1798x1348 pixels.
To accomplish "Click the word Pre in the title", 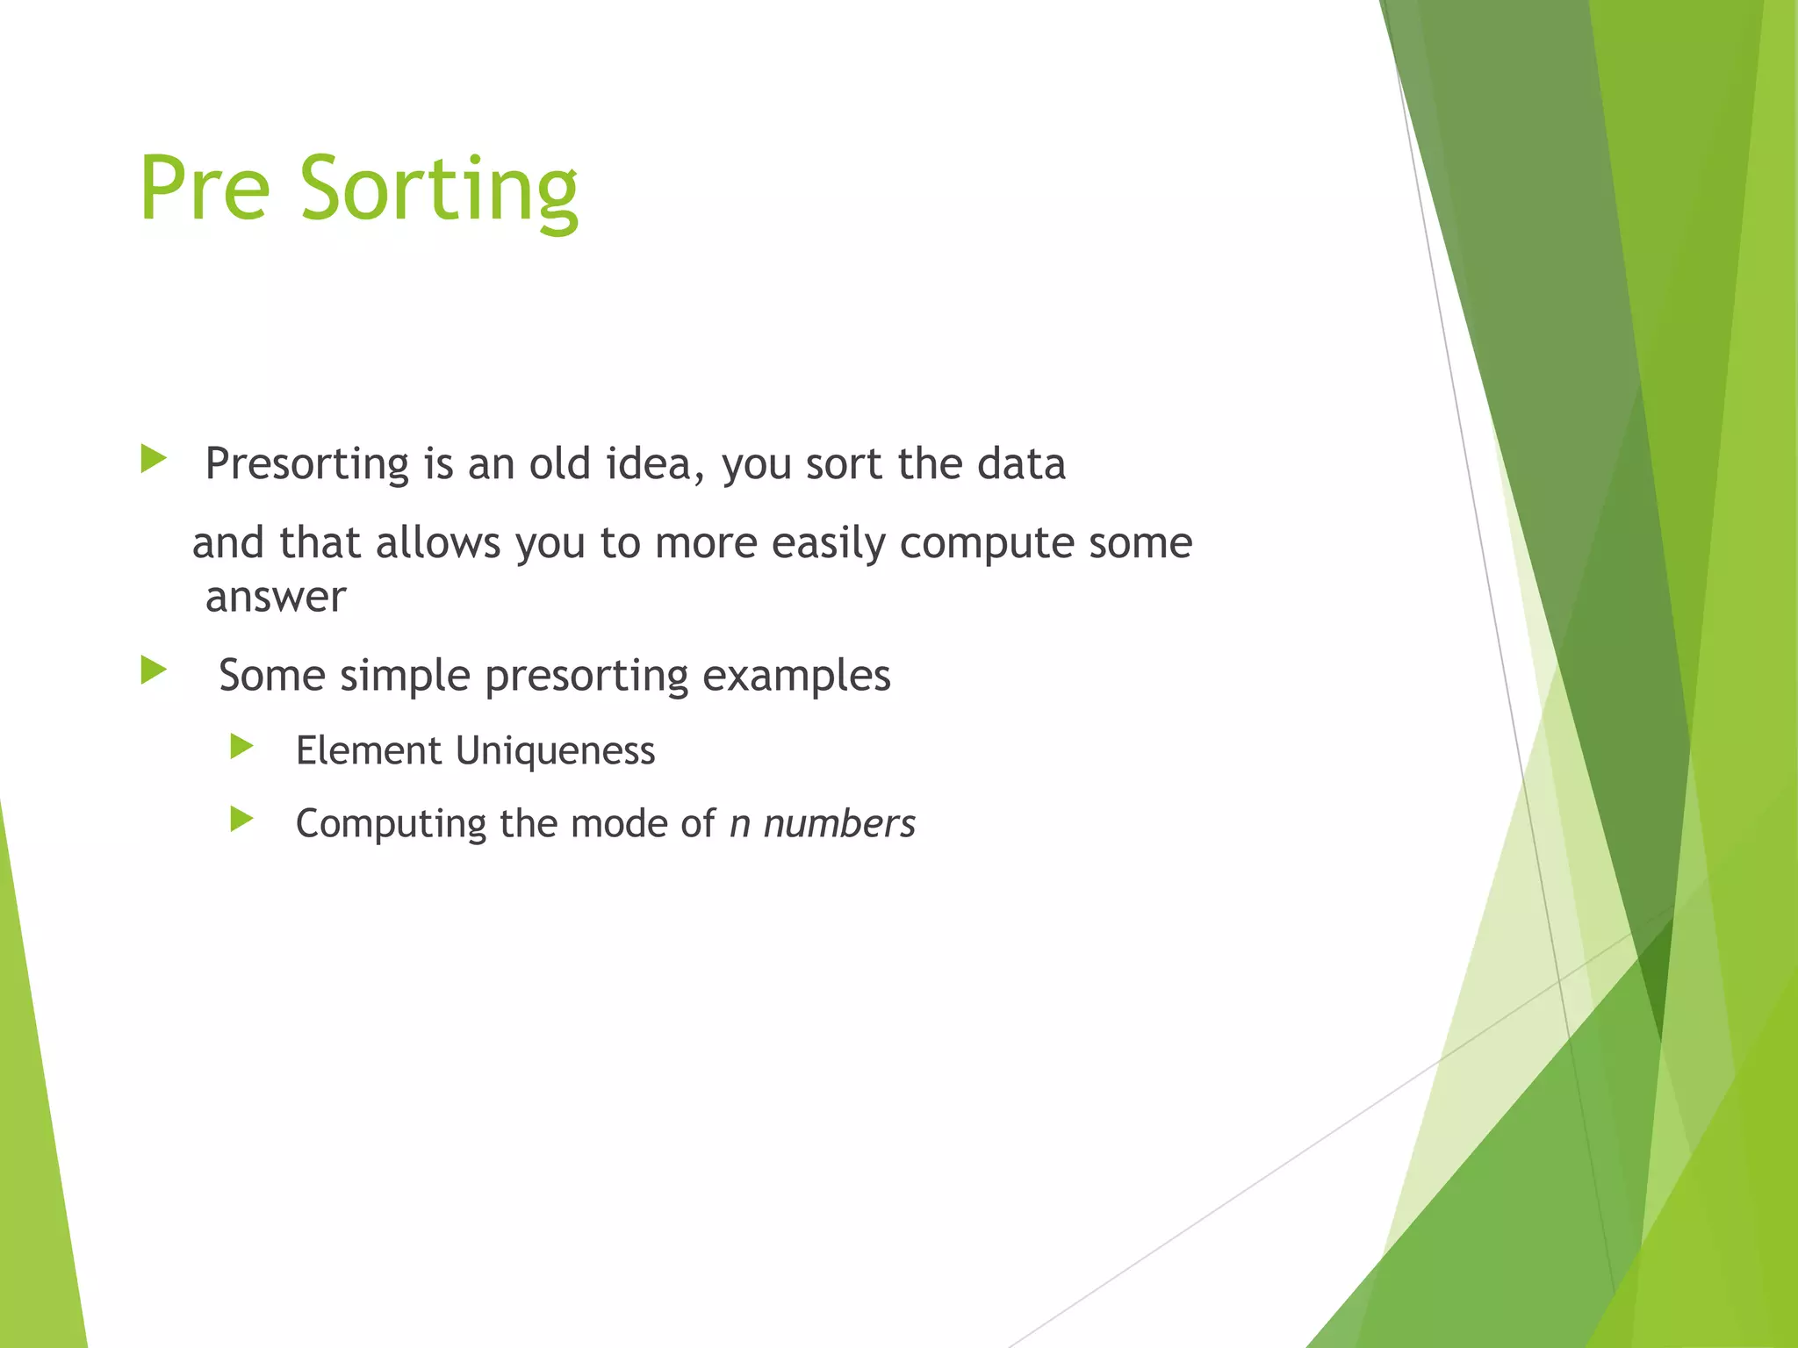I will click(x=204, y=189).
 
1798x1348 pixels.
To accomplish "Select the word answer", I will click(x=276, y=598).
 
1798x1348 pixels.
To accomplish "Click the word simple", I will click(x=405, y=676).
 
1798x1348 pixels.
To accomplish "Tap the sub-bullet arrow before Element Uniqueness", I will click(x=241, y=747).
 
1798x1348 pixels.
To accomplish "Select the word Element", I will click(x=368, y=750).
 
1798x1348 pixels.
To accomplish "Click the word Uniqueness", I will click(x=555, y=750).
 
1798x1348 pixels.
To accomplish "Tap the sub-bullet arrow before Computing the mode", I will click(x=241, y=820).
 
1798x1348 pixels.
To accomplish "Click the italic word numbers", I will click(x=838, y=823).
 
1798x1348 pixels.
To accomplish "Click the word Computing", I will click(x=391, y=825).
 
